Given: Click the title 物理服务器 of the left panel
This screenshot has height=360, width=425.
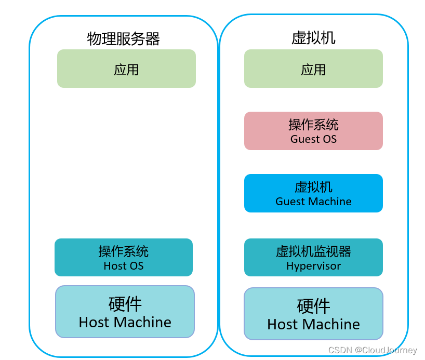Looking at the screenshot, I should coord(123,39).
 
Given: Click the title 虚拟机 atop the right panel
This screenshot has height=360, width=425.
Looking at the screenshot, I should coord(313,38).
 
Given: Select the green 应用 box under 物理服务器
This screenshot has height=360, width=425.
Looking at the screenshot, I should coord(126,69).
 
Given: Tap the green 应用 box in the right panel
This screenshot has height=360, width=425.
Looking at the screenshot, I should coord(313,69).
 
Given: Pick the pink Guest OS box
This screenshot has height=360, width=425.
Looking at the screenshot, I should coord(313,131).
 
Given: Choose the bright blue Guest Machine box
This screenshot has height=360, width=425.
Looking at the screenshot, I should coord(313,193).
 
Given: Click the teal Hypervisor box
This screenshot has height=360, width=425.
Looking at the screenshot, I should coord(313,257).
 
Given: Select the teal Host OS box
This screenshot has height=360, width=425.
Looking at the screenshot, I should coord(124,257).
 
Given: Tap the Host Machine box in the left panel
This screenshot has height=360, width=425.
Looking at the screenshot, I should coord(125,312).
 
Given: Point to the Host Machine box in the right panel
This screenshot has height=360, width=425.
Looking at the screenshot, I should coord(313,314).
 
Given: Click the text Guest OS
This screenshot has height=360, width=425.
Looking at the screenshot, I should coord(313,139).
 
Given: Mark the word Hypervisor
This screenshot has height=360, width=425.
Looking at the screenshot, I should coord(313,266).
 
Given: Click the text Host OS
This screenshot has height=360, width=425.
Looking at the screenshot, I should coord(124,266).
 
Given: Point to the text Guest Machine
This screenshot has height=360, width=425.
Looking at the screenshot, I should coord(313,202).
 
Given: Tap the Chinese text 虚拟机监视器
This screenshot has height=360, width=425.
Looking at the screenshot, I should coord(313,252).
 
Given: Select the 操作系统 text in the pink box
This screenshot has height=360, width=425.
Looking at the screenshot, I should coord(313,125).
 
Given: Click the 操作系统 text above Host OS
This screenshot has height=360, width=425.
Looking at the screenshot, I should coord(124,251).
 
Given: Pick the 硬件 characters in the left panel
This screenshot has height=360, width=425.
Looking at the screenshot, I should coord(125,303).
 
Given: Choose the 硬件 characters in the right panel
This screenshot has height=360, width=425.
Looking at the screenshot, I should coord(313,306).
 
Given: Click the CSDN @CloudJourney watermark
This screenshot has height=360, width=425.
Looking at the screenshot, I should coord(373,350).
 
